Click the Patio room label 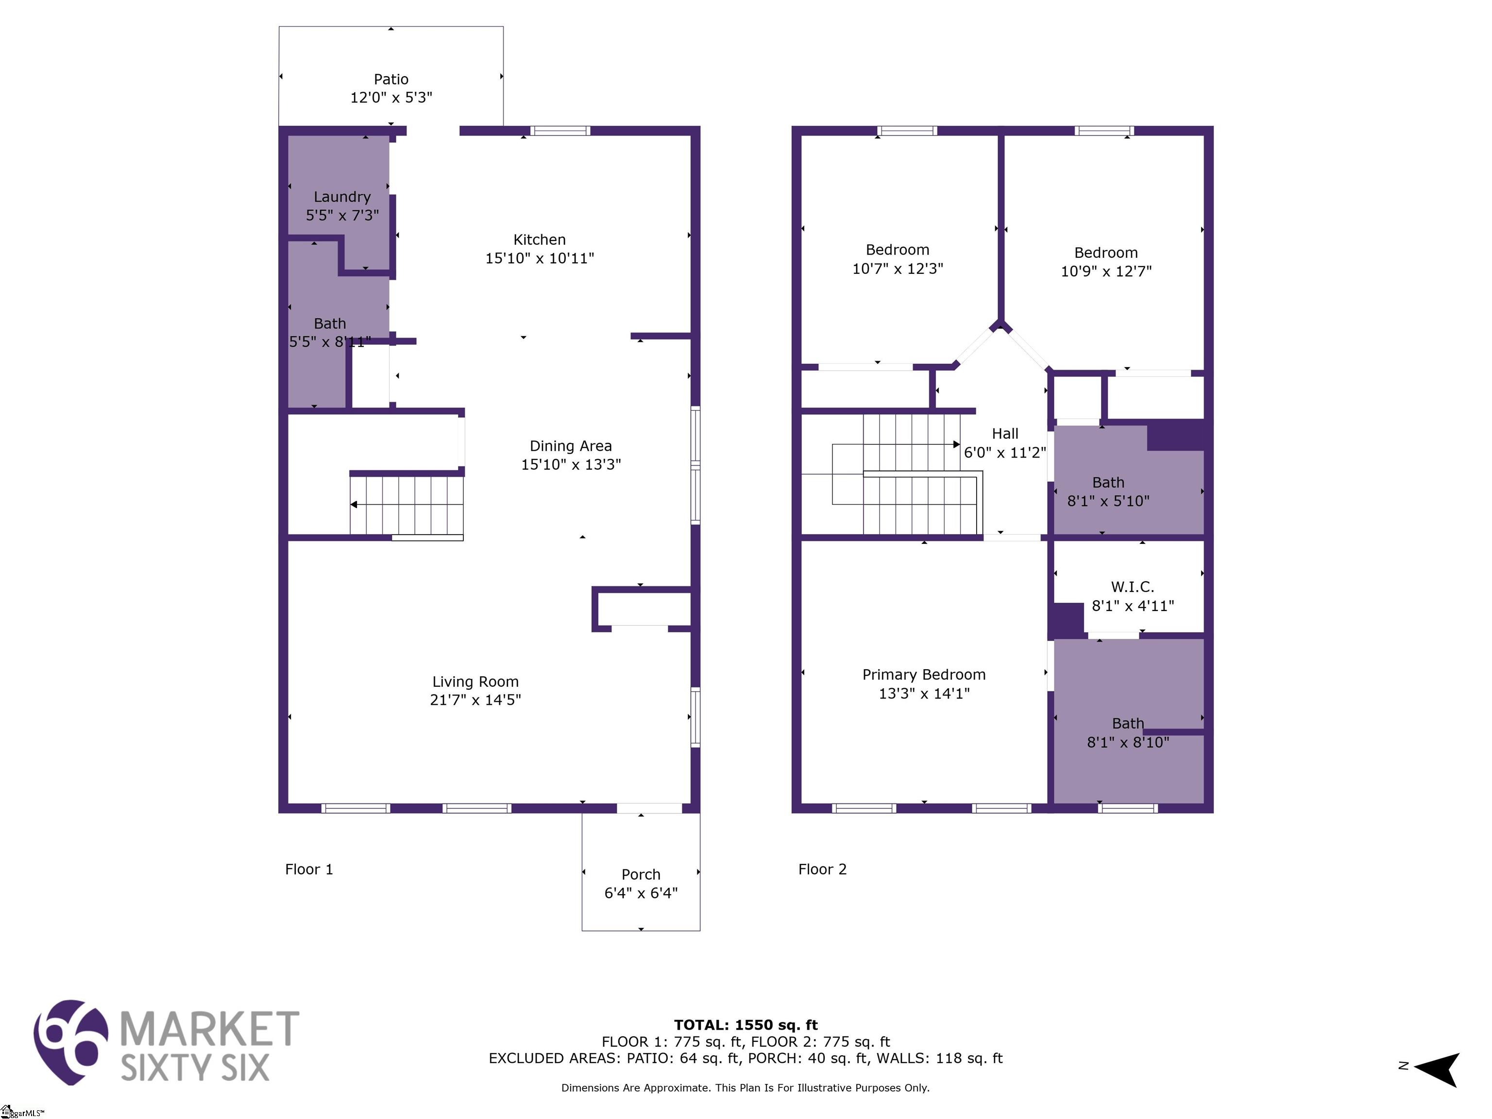coord(391,80)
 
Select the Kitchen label coord(540,239)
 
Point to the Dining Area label coord(571,446)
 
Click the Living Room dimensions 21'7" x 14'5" coord(475,700)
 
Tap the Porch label coord(641,874)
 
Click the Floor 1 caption coord(309,869)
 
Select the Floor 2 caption coord(822,869)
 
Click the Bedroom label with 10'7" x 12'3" coord(898,250)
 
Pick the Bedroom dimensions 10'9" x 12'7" coord(1106,271)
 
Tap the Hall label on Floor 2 coord(1005,434)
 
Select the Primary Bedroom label coord(924,675)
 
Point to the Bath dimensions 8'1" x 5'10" coord(1108,501)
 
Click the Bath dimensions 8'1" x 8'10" coord(1128,743)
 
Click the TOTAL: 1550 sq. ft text coord(746,1026)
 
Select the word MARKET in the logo coord(209,1029)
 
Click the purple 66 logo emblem coord(71,1042)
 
